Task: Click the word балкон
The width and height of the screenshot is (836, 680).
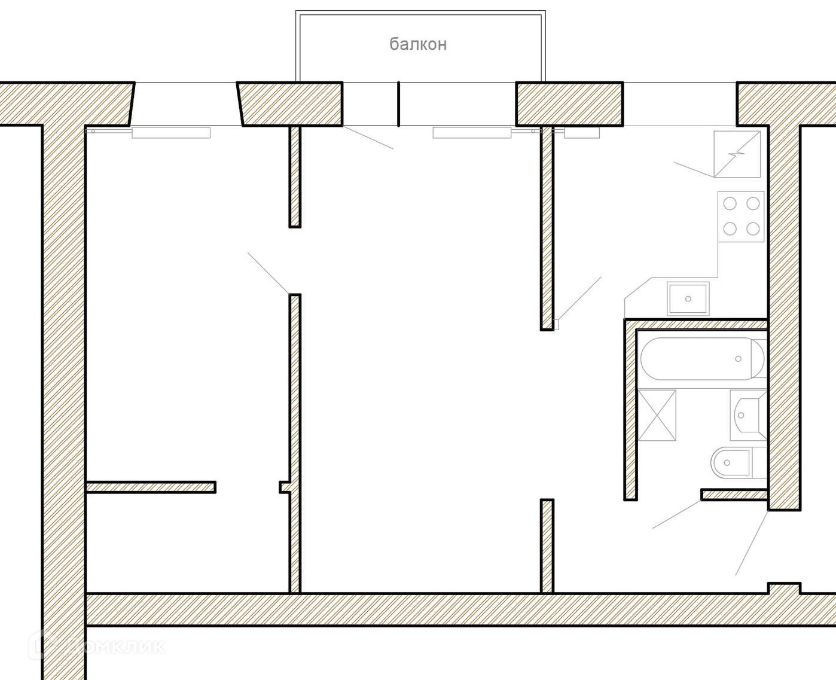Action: click(x=418, y=44)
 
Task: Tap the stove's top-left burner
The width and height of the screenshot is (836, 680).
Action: click(x=730, y=204)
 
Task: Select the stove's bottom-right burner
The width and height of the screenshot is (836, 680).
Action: click(x=753, y=228)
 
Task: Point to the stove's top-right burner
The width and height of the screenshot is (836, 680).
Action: click(x=753, y=204)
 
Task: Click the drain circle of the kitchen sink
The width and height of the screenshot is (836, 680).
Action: click(x=688, y=298)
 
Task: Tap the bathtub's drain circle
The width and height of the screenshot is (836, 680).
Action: click(x=738, y=359)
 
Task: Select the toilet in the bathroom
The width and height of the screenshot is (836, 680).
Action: click(x=730, y=462)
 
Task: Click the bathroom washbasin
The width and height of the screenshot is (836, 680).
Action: click(x=746, y=414)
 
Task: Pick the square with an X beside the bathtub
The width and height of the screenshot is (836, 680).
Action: click(x=657, y=415)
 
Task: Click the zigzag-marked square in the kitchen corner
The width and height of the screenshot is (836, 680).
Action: click(x=737, y=154)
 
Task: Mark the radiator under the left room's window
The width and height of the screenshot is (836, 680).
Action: click(x=171, y=133)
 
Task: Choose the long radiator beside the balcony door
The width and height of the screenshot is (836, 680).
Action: click(x=472, y=132)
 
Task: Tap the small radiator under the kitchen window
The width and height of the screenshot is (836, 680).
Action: click(x=581, y=133)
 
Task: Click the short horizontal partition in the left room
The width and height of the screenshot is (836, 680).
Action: click(x=151, y=487)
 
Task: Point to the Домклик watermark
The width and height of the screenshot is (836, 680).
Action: click(x=102, y=646)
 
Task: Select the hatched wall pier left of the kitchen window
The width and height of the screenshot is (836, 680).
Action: click(x=569, y=103)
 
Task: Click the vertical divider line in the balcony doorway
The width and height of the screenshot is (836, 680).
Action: click(x=398, y=103)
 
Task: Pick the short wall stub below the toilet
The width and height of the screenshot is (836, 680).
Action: click(x=734, y=494)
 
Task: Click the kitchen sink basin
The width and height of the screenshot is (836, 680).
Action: click(x=688, y=298)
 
